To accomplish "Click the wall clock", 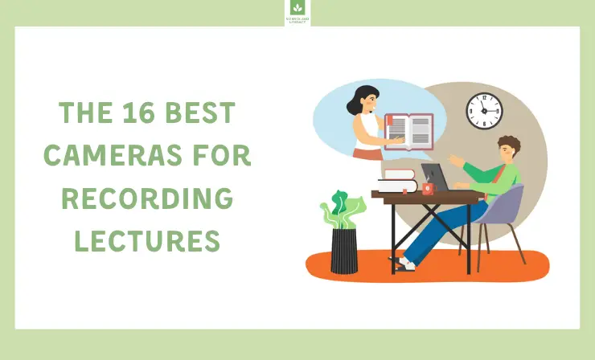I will (x=484, y=110).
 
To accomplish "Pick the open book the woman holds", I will (x=408, y=132).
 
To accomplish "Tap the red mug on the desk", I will (x=428, y=189).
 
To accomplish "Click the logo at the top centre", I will (x=297, y=12).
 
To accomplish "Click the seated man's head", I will (x=507, y=149).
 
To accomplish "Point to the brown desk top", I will (x=426, y=195).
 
